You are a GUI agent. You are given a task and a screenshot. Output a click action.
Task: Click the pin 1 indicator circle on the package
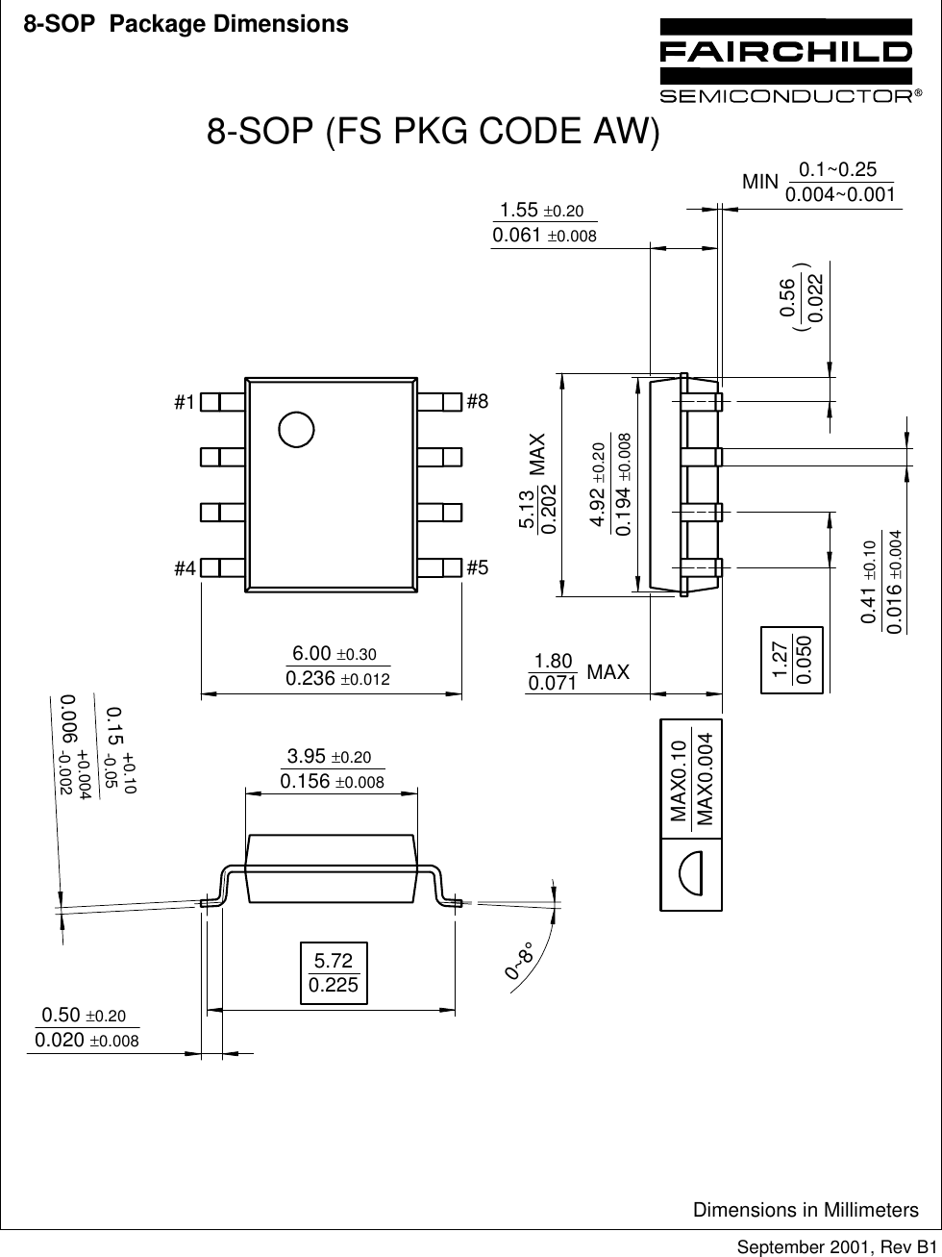pos(296,429)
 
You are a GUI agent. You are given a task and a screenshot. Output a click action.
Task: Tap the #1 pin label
pos(185,402)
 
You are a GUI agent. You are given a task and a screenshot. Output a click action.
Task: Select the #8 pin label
pos(478,402)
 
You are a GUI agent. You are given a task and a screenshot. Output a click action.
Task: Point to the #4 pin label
pos(185,568)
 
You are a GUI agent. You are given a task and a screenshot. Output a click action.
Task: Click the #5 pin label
pos(478,567)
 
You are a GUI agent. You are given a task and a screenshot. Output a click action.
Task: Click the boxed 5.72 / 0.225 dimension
pos(334,972)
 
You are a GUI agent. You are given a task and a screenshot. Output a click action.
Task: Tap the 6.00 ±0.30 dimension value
pos(337,655)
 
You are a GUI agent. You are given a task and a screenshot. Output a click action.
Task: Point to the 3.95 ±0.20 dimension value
pos(330,758)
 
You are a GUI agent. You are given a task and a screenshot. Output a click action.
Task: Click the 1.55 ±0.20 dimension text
pos(542,211)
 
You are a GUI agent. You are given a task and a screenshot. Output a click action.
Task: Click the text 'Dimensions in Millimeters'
pos(806,1209)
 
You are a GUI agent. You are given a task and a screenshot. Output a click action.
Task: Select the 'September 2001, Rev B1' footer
pos(836,1246)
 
